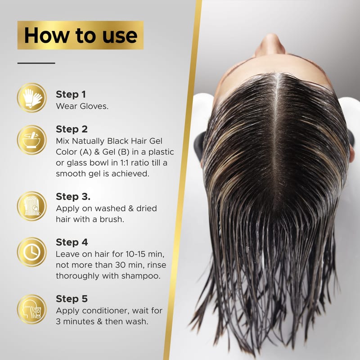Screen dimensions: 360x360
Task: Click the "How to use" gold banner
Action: [x=81, y=35]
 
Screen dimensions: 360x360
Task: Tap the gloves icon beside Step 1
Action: [x=32, y=98]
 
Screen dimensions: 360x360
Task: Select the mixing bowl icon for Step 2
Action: [x=32, y=140]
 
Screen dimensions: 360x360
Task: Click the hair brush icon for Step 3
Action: [x=32, y=206]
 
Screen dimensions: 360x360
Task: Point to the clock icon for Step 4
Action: [x=32, y=252]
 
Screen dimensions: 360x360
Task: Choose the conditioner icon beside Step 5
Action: [x=32, y=309]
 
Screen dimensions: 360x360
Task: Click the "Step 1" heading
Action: [x=71, y=94]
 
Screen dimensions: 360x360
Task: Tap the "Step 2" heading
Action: [x=72, y=129]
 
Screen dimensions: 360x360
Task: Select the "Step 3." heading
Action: [x=73, y=197]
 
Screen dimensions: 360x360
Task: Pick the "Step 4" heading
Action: [x=72, y=242]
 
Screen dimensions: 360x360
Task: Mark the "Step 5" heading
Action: [x=72, y=299]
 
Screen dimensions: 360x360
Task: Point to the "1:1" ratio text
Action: [x=125, y=163]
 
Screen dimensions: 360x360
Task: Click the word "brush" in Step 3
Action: [x=112, y=219]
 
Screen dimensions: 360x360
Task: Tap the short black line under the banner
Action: [x=36, y=63]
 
